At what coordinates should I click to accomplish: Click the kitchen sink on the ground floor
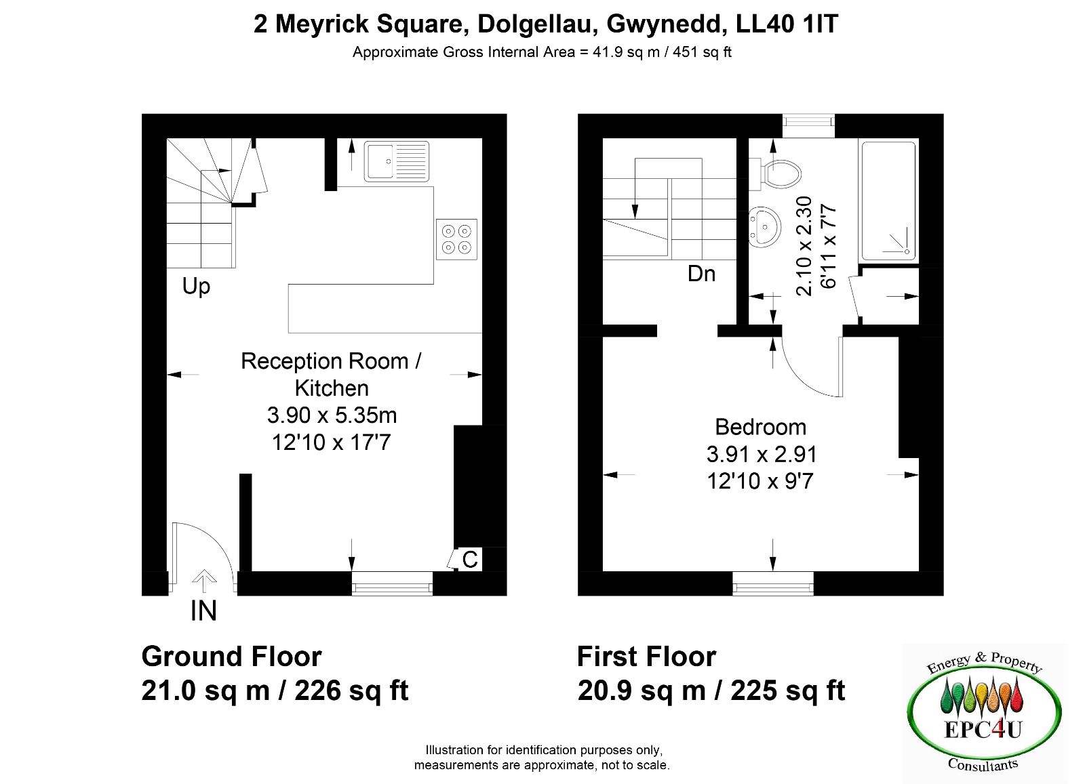point(397,162)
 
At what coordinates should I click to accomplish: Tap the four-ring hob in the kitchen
point(457,240)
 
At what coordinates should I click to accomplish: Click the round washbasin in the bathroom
point(764,228)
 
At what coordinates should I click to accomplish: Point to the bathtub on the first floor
point(888,201)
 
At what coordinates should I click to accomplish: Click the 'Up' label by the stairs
point(196,287)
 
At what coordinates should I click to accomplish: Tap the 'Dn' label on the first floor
point(701,274)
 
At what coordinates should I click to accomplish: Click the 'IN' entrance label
point(203,611)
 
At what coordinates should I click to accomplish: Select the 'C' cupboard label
point(470,560)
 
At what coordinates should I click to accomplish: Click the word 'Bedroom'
point(760,428)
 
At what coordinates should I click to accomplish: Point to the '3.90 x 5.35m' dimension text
point(332,415)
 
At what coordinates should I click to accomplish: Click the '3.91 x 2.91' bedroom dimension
point(762,455)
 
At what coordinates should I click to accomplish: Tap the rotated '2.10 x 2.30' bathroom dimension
point(804,246)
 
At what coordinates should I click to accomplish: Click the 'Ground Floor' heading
point(231,657)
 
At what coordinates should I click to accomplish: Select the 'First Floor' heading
point(647,657)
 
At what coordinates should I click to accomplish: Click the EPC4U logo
point(984,711)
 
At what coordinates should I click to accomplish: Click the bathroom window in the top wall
point(808,126)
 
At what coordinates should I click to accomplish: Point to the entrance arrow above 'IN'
point(204,580)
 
